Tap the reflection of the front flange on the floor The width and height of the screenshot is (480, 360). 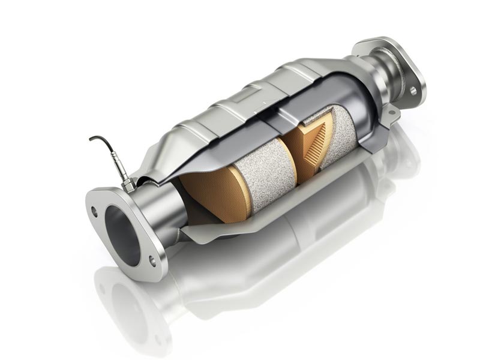(x=126, y=306)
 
